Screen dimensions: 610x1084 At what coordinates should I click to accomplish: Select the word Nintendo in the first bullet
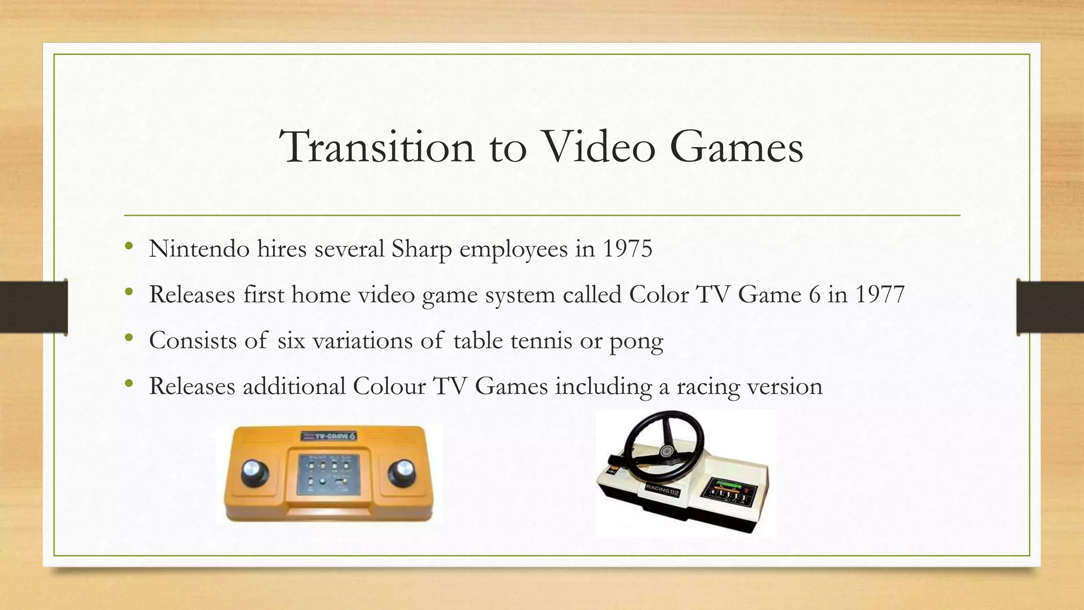tap(199, 249)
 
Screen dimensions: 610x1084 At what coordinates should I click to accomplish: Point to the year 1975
tap(627, 249)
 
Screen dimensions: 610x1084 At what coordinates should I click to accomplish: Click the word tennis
tap(541, 340)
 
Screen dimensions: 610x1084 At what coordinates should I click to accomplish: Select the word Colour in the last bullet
tap(389, 386)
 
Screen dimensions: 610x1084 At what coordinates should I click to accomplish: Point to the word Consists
tap(193, 340)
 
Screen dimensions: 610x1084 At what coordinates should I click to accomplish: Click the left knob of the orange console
tap(255, 472)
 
